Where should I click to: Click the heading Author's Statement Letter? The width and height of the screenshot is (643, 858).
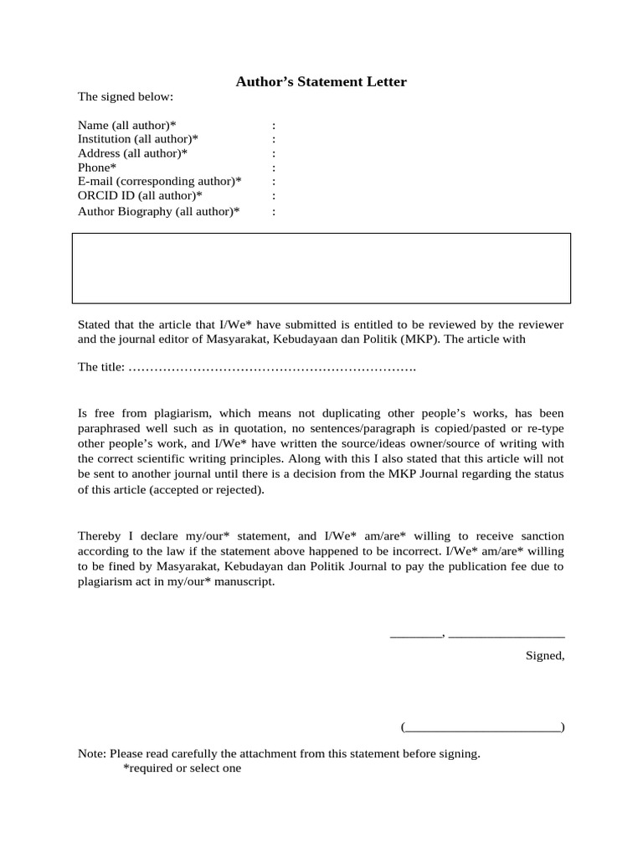tap(321, 81)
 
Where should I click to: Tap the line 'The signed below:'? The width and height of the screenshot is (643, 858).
tap(125, 96)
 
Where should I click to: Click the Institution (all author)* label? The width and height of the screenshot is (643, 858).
tap(138, 139)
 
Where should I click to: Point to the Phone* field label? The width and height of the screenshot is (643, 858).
tap(97, 168)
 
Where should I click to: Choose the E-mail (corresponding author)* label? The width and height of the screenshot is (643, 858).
tap(160, 182)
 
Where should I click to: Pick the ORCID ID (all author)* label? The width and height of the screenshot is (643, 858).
tap(140, 196)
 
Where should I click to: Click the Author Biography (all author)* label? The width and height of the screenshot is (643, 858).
tap(158, 211)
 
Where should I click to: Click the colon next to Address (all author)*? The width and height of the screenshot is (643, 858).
tap(274, 153)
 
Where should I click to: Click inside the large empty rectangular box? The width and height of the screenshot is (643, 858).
tap(321, 268)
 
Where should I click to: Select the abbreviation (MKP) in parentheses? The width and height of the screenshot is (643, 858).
tap(458, 339)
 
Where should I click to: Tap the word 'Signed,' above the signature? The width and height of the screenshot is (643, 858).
tap(544, 655)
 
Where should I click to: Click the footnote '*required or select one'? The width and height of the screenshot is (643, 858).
tap(182, 768)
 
